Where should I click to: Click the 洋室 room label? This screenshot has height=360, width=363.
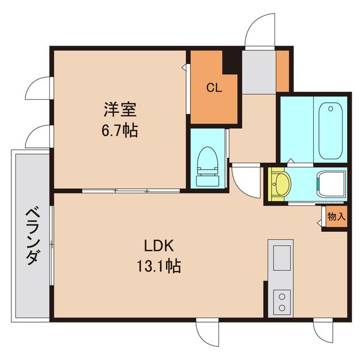pos(120,107)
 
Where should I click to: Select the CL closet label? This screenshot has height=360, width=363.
pos(213,88)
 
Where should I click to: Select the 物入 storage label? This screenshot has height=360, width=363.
pos(335,217)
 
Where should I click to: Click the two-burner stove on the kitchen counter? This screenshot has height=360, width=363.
pos(282,300)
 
